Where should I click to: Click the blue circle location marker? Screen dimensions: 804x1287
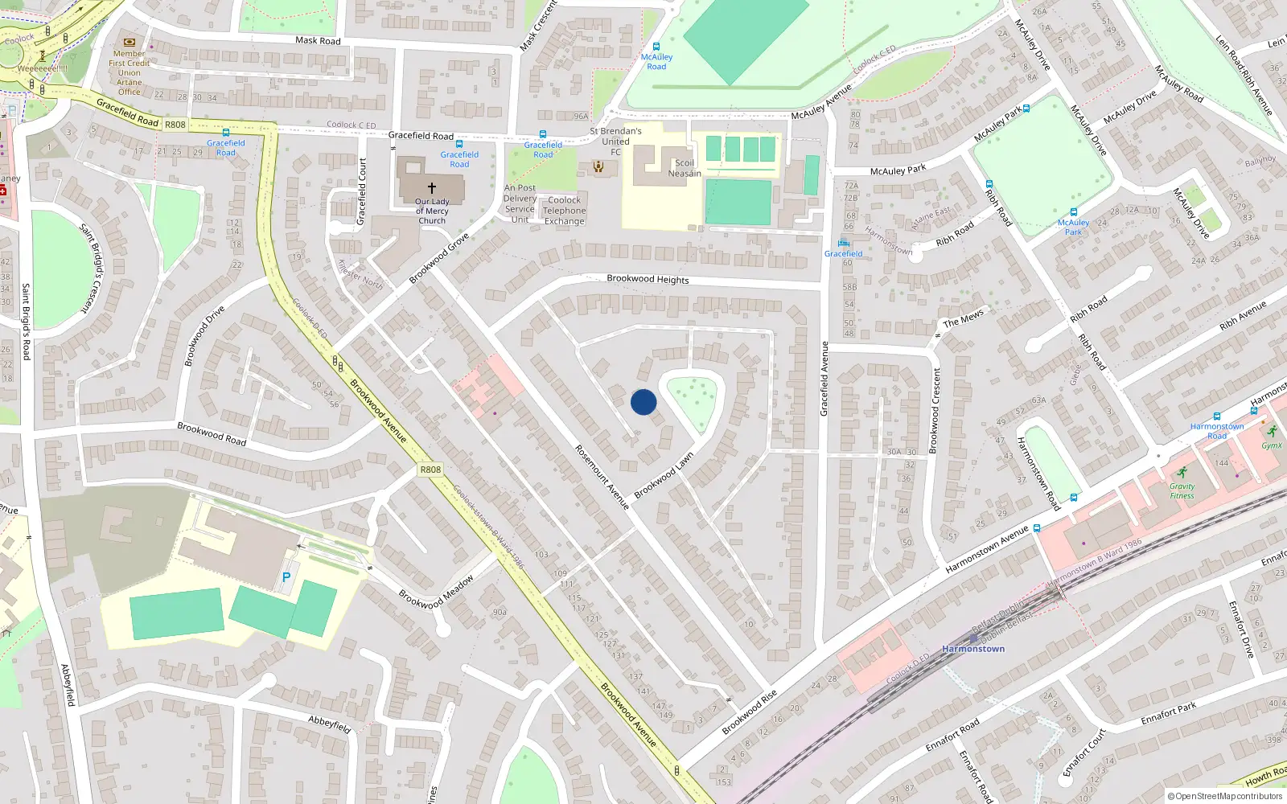coord(643,402)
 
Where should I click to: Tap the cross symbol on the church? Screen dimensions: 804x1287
coord(432,187)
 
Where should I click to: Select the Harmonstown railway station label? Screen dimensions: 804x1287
coord(973,649)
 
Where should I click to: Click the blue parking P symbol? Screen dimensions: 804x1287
coord(286,577)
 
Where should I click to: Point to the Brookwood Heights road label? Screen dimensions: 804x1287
coord(648,279)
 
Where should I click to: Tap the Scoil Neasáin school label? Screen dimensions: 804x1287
coord(684,168)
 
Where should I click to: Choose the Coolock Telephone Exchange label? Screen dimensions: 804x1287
coord(564,211)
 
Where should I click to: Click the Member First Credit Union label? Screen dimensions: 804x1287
coord(129,72)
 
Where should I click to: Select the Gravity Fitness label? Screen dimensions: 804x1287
coord(1182,490)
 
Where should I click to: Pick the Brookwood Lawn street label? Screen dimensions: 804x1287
coord(664,475)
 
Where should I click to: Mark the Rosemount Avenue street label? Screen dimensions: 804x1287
coord(602,477)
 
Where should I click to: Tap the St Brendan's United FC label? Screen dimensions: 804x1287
coord(615,141)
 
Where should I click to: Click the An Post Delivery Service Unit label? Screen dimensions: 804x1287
coord(520,203)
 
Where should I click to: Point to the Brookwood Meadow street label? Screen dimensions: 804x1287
coord(436,592)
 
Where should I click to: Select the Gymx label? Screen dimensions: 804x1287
coord(1272,445)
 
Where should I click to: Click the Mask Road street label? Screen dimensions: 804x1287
coord(318,40)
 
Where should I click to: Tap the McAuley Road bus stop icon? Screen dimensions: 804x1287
coord(656,47)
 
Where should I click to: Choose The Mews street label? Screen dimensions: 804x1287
coord(963,318)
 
